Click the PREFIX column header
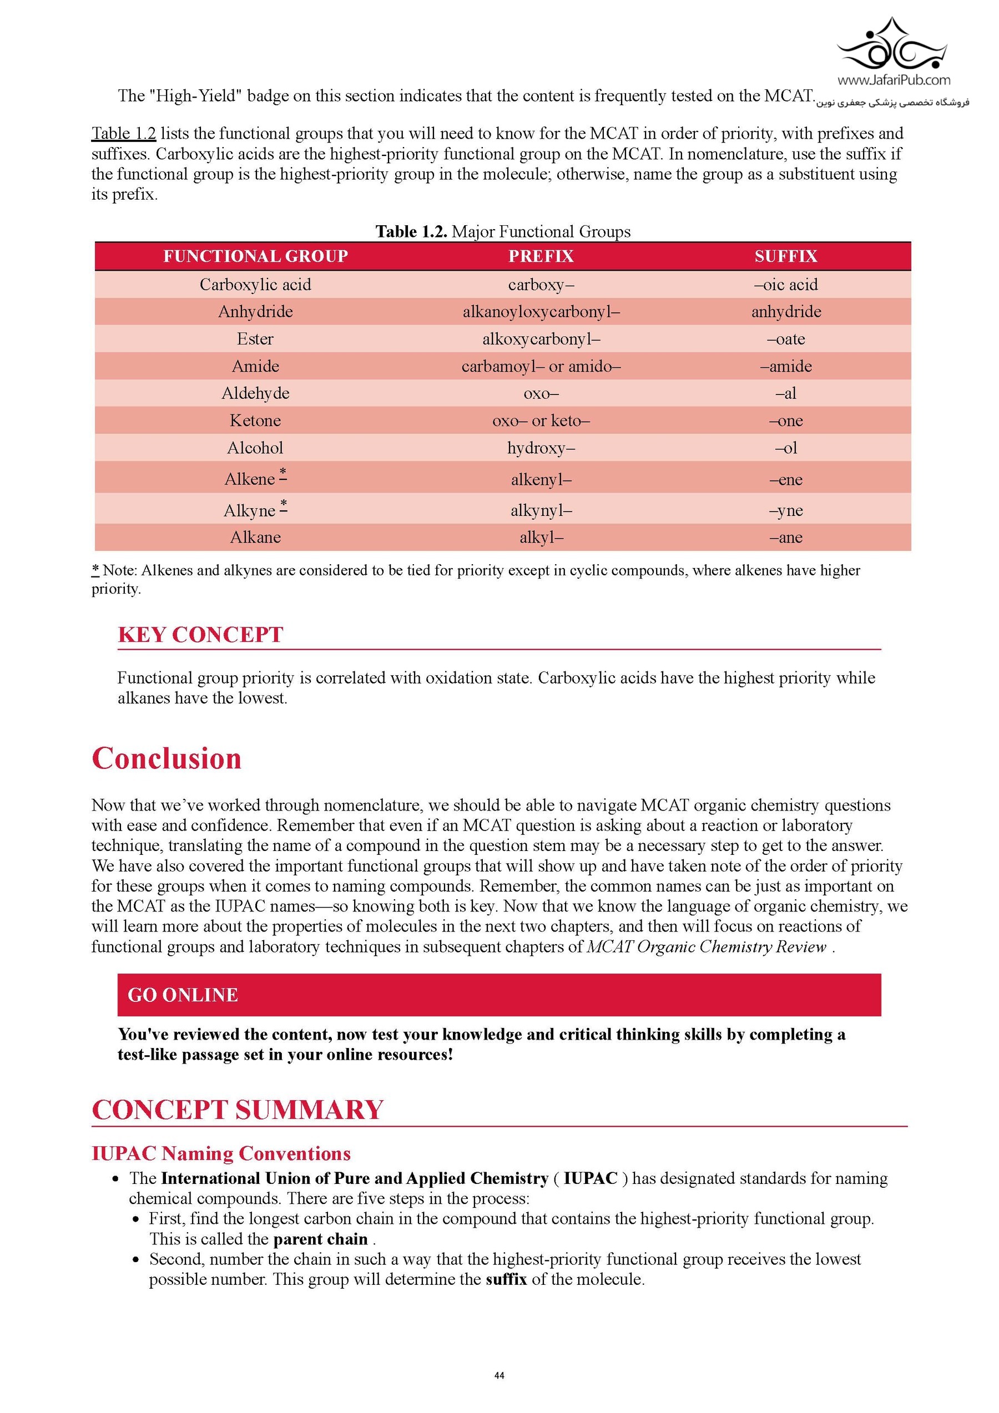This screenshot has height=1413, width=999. click(541, 256)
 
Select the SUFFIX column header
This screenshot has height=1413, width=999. click(785, 256)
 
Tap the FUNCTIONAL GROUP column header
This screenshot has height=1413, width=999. click(255, 256)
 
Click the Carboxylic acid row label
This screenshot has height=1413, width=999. click(255, 285)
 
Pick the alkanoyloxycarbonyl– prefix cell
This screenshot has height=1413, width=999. click(541, 311)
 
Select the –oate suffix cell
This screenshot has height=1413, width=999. click(786, 339)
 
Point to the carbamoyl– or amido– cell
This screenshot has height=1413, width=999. click(541, 366)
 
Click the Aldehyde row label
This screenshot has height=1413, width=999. click(255, 393)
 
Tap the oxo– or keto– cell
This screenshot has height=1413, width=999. click(541, 421)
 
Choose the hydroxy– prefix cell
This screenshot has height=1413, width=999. click(541, 448)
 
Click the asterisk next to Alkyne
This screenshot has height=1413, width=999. click(283, 504)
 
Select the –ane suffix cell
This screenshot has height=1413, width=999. click(786, 537)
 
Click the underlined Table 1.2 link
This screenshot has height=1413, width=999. click(124, 134)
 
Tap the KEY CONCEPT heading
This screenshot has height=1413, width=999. click(200, 635)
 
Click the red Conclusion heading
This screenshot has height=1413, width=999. click(166, 758)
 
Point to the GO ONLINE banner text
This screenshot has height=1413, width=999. click(183, 995)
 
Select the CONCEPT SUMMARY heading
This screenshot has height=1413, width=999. click(238, 1110)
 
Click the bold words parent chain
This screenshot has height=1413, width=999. click(320, 1239)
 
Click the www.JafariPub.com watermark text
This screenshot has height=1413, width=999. click(893, 80)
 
